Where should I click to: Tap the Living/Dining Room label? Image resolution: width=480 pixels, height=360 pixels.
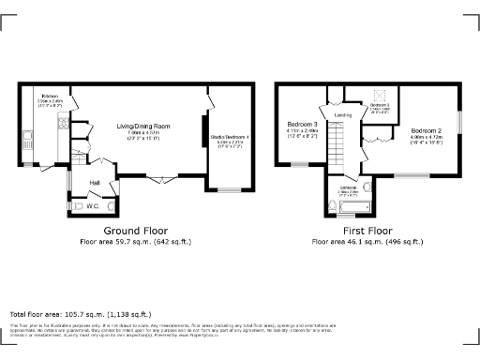point(142,125)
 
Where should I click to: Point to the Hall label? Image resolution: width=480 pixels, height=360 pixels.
point(95,182)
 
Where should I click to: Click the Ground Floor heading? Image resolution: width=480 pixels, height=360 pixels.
point(135,230)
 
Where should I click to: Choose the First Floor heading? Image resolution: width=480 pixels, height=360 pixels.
point(368,230)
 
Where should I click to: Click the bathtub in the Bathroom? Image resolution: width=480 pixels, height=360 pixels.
point(361,205)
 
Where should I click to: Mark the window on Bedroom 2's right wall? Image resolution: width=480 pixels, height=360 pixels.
point(459,122)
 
